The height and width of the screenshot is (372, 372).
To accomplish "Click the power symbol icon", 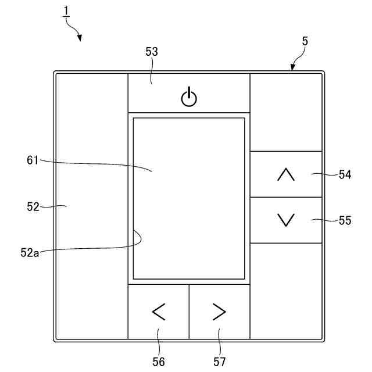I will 189,97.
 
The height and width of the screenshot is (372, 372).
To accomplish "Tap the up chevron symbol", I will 286,174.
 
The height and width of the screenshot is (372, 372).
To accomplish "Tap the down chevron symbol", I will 286,220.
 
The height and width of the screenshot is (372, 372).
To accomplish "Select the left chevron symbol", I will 158,312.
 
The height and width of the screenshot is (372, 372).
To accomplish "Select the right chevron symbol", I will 219,312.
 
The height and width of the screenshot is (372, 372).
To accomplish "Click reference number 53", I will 152,52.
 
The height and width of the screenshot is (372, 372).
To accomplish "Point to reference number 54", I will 345,174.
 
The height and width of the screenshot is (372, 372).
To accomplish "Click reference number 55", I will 345,220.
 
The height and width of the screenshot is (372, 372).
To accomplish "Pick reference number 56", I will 158,362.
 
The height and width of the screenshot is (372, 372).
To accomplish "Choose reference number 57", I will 219,362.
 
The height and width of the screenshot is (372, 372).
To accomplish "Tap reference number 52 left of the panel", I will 33,206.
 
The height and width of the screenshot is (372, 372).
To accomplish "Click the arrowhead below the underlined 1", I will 78,38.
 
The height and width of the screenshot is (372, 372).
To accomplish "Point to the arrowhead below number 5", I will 292,68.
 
